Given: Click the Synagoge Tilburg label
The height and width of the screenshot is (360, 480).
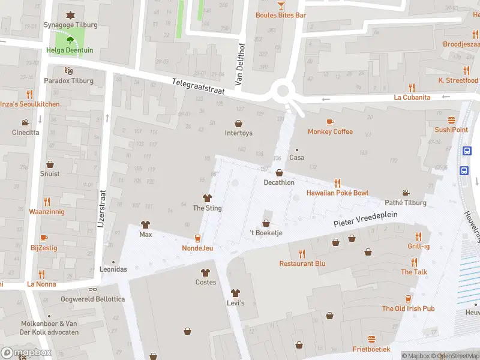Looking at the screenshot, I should [70, 25].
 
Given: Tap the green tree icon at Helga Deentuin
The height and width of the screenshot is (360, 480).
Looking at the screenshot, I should [70, 41].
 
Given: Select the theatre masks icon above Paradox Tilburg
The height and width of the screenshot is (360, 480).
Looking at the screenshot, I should [69, 71].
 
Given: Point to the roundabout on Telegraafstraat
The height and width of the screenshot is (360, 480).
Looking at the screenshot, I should [282, 91].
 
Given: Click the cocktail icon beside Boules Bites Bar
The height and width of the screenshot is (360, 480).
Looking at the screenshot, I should [281, 5].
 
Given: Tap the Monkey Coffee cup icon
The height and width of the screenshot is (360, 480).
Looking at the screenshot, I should [331, 122].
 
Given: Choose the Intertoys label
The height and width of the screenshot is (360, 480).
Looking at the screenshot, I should [238, 133].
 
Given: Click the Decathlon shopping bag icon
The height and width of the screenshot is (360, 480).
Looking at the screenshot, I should [279, 173].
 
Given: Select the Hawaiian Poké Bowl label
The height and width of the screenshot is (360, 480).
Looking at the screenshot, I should [337, 193].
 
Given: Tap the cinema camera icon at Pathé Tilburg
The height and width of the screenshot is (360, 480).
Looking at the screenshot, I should [406, 193].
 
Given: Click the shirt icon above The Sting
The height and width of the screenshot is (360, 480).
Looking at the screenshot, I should [207, 198].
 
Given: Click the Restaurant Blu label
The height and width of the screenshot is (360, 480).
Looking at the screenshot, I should [302, 263].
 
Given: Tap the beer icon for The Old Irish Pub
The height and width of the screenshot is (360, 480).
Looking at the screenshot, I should [409, 298].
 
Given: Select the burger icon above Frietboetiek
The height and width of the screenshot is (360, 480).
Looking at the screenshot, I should [371, 339].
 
